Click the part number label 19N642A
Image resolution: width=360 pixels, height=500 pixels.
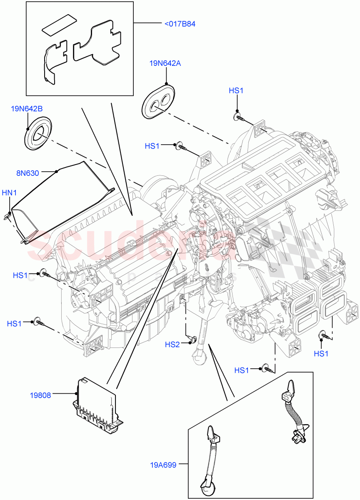165,63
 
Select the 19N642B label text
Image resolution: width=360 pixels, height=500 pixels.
27,109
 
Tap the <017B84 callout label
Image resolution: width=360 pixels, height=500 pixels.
180,24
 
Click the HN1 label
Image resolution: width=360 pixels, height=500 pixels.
9,192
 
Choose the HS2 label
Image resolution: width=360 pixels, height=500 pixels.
172,344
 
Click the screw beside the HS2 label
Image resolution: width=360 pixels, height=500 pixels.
191,338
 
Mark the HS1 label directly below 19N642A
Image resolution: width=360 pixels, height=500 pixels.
152,146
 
